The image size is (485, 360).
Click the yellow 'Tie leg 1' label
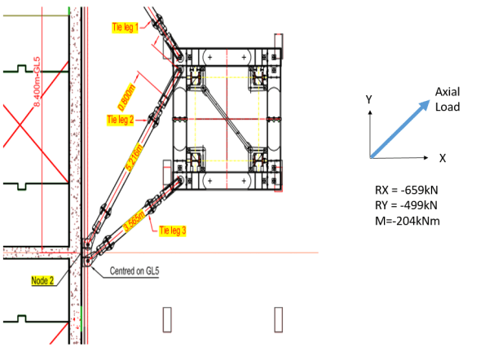coord(127,27)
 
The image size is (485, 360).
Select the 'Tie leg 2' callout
coord(121,120)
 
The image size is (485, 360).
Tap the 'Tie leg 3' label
coord(173,230)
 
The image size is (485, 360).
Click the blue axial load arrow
coord(399,128)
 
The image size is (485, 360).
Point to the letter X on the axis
coord(441,157)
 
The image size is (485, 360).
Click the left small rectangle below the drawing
coord(168,318)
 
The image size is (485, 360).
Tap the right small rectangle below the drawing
coord(279,318)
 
